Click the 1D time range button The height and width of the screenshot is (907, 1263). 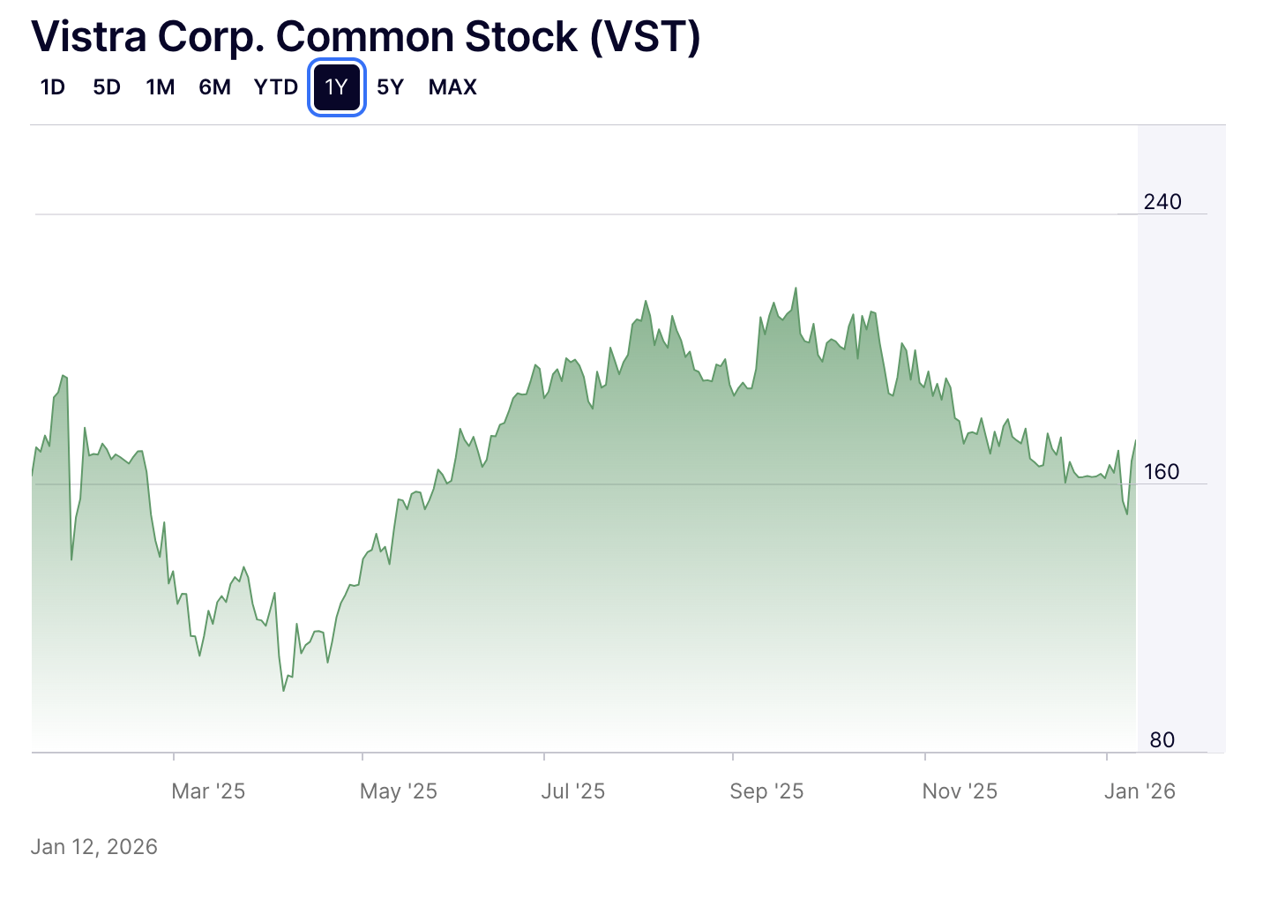pos(53,87)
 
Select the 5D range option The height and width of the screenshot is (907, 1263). pos(107,87)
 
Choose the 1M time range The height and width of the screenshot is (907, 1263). pos(161,87)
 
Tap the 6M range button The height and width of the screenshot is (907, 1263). pos(214,87)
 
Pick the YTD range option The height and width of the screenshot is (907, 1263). pos(276,87)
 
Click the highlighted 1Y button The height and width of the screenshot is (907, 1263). pos(337,87)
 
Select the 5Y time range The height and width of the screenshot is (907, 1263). pos(390,87)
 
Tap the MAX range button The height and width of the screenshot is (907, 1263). pos(452,87)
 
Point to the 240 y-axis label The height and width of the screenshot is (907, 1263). pos(1162,202)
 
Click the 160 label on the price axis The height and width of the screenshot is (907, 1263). pos(1162,472)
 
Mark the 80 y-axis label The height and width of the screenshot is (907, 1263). pos(1162,740)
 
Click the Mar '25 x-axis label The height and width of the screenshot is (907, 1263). pos(208,791)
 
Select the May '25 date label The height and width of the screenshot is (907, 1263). pos(399,791)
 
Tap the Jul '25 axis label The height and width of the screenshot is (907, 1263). pos(573,791)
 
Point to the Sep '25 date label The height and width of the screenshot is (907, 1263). pos(766,791)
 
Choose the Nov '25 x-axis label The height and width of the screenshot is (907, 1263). pos(960,791)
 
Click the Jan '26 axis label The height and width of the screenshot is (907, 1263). pos(1140,791)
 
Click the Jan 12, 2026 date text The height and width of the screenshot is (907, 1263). pos(94,847)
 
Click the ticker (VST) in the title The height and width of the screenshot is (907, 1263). pos(646,37)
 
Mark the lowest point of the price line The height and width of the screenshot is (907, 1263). pos(283,690)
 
